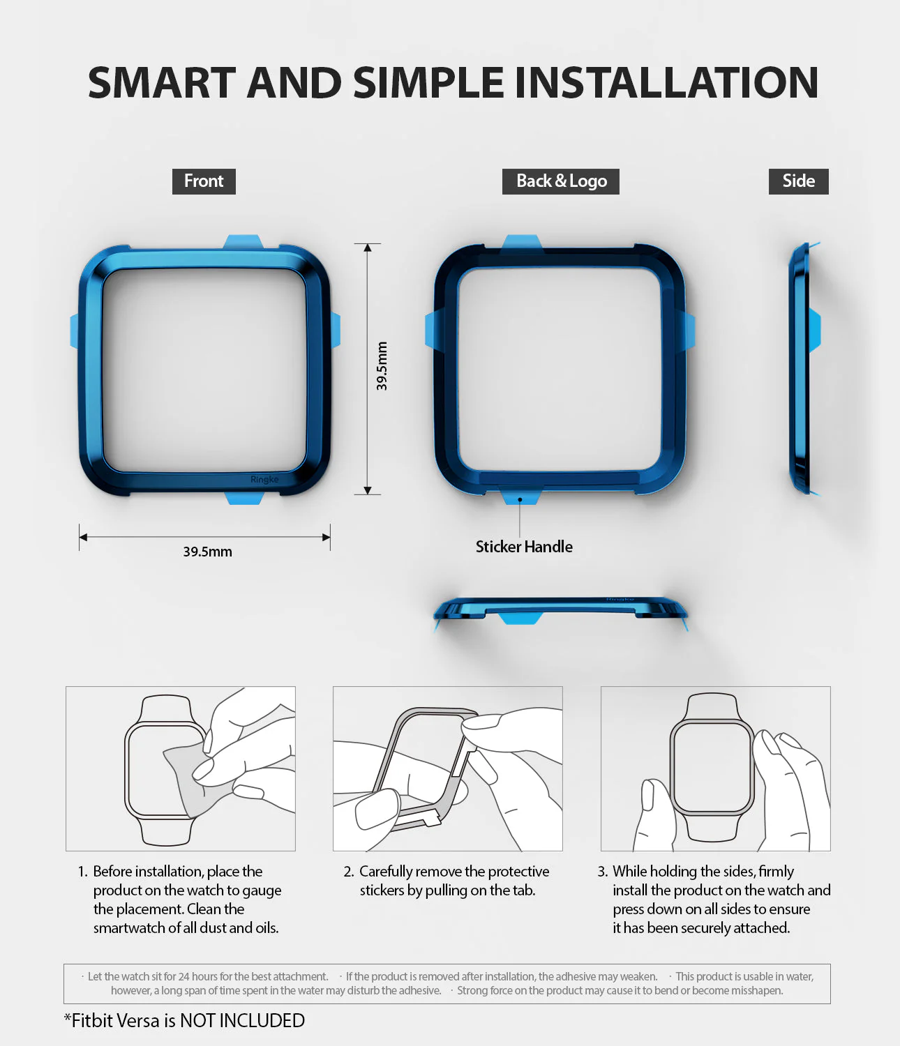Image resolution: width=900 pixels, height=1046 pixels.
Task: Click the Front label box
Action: [x=204, y=181]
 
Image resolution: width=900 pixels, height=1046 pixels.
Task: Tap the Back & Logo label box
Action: [x=561, y=181]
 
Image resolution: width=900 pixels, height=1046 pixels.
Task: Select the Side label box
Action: [x=799, y=181]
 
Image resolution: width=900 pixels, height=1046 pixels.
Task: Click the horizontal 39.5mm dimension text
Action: [x=207, y=552]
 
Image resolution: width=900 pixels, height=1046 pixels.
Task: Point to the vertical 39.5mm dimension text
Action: [x=382, y=366]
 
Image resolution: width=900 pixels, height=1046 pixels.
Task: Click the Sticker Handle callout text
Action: [x=524, y=547]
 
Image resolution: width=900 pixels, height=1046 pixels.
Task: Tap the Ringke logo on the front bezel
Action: [x=264, y=480]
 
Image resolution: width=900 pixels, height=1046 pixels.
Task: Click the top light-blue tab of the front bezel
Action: [x=243, y=241]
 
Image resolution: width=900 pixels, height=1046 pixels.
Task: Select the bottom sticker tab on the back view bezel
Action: [x=520, y=497]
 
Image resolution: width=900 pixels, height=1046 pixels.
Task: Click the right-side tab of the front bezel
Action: [x=335, y=330]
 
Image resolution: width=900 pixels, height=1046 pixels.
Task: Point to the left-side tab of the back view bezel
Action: [x=430, y=330]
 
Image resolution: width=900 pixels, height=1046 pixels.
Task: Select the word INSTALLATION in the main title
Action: [x=666, y=83]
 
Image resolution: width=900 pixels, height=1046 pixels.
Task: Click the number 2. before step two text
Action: [x=349, y=872]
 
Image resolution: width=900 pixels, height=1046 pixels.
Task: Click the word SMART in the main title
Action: [x=161, y=83]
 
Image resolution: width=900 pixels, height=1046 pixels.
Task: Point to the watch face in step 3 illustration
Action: [x=712, y=768]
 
